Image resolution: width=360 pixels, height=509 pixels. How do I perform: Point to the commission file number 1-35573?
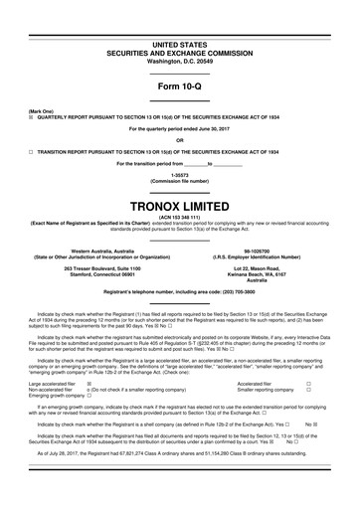pyautogui.click(x=180, y=171)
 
